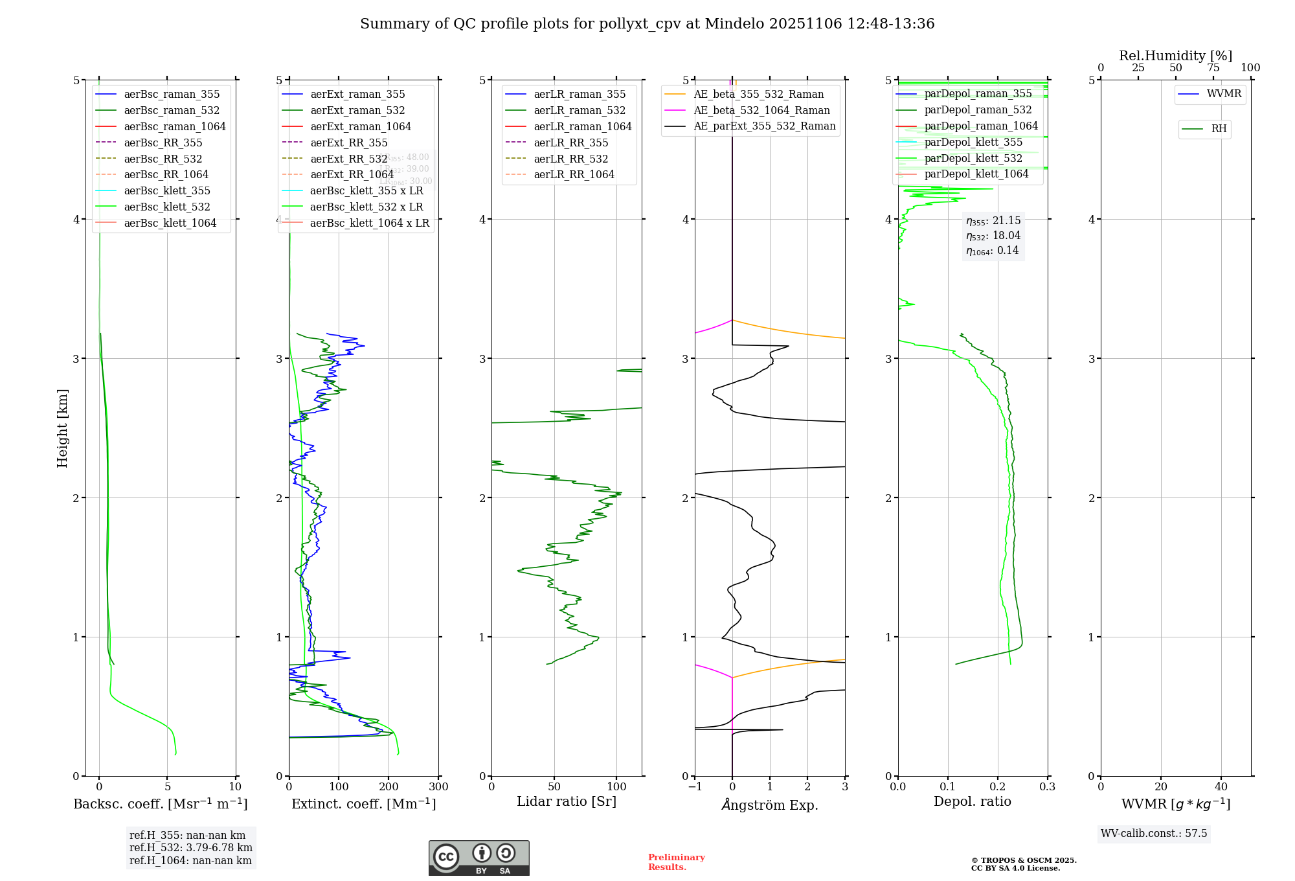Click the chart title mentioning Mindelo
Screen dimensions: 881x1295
(x=647, y=24)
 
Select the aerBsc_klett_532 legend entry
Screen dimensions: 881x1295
(x=167, y=207)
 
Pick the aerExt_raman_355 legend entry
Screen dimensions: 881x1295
(x=357, y=94)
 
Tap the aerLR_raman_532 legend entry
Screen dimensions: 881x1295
(x=580, y=110)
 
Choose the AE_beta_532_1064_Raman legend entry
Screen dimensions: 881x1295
(x=761, y=110)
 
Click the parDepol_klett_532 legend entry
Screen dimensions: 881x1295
(x=973, y=158)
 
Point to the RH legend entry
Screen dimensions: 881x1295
(x=1219, y=129)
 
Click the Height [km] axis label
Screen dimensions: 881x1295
(x=62, y=428)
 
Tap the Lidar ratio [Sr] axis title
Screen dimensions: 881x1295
(x=567, y=801)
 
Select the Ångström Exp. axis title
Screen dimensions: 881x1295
(x=770, y=805)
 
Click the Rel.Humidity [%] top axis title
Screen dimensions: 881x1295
(x=1175, y=56)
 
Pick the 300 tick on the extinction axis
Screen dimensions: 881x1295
(x=438, y=787)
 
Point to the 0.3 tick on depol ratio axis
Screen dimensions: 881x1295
(x=1047, y=787)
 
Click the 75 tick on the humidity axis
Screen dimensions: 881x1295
(x=1213, y=68)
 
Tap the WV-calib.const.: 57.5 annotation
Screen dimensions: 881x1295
(x=1154, y=833)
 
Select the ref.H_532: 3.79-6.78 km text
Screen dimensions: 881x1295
(x=190, y=847)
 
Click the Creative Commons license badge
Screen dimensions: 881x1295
(x=479, y=858)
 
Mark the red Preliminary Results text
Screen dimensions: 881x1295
(x=676, y=862)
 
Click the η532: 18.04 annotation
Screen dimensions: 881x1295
(x=993, y=235)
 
